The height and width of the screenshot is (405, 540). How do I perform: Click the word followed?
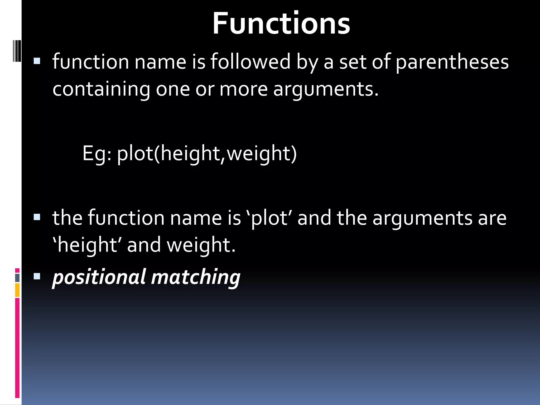click(250, 62)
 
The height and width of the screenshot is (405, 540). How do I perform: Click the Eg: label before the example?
click(97, 153)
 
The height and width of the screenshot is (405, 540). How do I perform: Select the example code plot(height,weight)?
click(207, 153)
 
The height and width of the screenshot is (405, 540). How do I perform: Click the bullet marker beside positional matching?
click(37, 276)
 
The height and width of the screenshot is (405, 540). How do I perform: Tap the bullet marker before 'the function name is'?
click(37, 218)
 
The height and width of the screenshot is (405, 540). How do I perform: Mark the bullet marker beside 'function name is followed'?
click(37, 61)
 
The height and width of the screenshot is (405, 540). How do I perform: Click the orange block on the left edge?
click(17, 290)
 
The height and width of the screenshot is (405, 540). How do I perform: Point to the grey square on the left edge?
click(17, 278)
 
